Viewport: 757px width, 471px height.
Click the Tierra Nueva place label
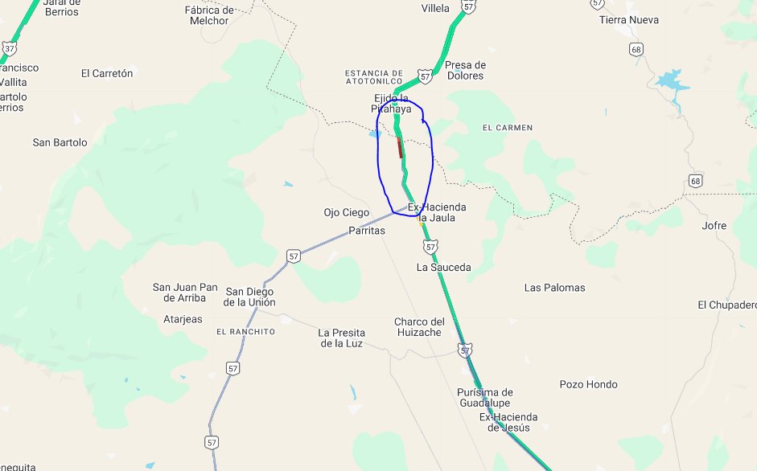(x=628, y=19)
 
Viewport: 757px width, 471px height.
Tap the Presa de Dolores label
(x=465, y=70)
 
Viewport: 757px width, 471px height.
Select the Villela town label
(x=436, y=9)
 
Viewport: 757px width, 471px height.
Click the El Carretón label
(x=107, y=73)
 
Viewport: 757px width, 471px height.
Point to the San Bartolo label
(x=60, y=142)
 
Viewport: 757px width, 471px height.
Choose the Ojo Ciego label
(x=346, y=212)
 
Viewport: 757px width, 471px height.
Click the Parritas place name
(x=367, y=231)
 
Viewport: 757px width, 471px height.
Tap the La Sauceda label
(x=443, y=267)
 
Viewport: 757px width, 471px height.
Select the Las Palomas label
(x=554, y=287)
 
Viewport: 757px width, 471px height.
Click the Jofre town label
(x=714, y=226)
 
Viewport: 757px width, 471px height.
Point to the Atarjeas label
(x=183, y=319)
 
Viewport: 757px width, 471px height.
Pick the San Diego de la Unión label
(x=249, y=297)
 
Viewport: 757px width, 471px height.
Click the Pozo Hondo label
(x=590, y=384)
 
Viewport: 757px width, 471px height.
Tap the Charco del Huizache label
(x=418, y=327)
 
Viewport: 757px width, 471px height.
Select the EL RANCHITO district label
(x=245, y=331)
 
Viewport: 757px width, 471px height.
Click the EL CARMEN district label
(x=507, y=128)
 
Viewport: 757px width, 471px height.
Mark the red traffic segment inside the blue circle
(x=400, y=147)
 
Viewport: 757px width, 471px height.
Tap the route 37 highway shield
(x=9, y=48)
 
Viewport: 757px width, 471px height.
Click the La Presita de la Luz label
(x=341, y=338)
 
